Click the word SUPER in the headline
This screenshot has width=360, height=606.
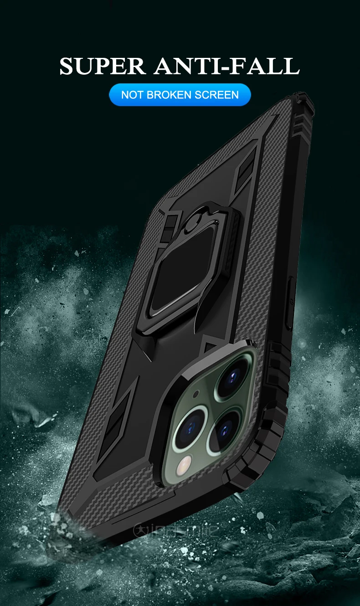[x=102, y=66]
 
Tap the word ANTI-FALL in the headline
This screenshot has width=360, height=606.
[x=227, y=66]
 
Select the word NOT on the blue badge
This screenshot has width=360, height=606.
[x=132, y=95]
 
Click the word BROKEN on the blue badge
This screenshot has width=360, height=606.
[x=169, y=95]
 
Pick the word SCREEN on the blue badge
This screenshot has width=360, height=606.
[x=217, y=95]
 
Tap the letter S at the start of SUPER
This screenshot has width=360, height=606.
[x=67, y=66]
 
